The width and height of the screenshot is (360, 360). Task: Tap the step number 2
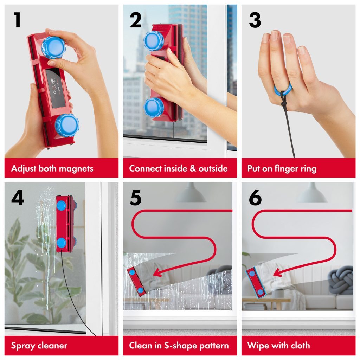click(135, 20)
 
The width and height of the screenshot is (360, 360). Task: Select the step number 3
click(255, 20)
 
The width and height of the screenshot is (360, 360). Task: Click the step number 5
click(136, 198)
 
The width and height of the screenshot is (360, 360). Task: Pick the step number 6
click(255, 198)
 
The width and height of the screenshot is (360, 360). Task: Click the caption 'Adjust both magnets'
click(52, 168)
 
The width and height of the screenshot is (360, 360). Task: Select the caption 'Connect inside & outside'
click(178, 168)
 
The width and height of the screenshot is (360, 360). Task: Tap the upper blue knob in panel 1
click(53, 47)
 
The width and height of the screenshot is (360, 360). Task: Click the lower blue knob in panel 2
click(154, 107)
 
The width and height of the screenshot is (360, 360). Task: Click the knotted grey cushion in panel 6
click(340, 279)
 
